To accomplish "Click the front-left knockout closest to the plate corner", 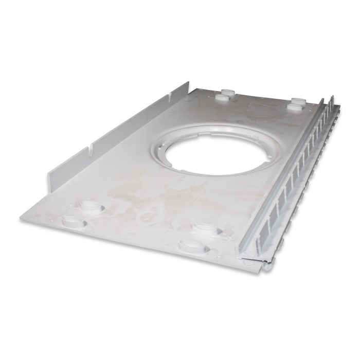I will point(73,222).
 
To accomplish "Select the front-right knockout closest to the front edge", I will point(193,246).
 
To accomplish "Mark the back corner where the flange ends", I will point(189,83).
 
